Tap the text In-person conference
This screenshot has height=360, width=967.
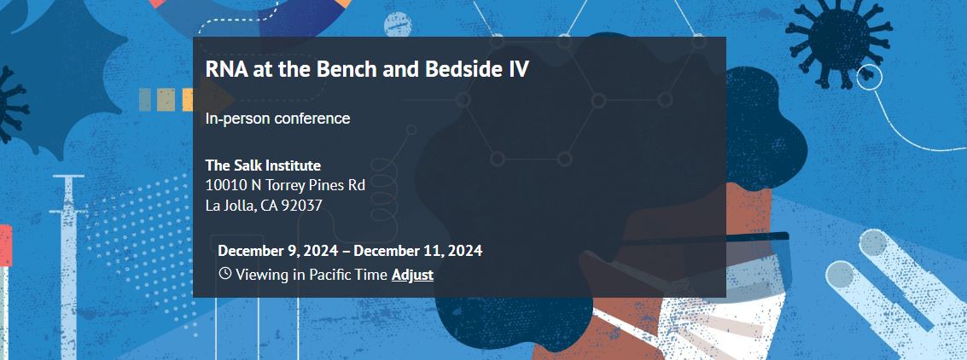[x=277, y=119]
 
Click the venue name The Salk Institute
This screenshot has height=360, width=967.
[x=264, y=165]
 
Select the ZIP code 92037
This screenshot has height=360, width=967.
[x=301, y=206]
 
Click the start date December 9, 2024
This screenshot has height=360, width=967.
[x=277, y=251]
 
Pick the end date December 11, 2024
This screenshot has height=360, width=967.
[x=418, y=251]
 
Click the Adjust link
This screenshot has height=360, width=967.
[x=412, y=275]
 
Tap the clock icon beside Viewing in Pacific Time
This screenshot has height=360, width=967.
[x=225, y=273]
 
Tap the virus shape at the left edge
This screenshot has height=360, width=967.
[x=11, y=105]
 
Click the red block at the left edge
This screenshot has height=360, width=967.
[x=6, y=246]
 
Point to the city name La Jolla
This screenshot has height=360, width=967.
[x=230, y=206]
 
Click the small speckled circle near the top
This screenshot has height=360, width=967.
[x=398, y=24]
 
